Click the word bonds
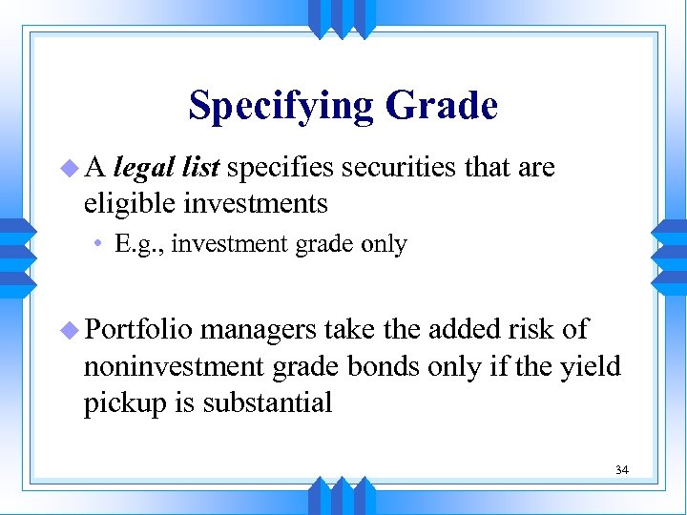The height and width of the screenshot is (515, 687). (405, 366)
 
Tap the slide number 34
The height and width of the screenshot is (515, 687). (622, 470)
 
